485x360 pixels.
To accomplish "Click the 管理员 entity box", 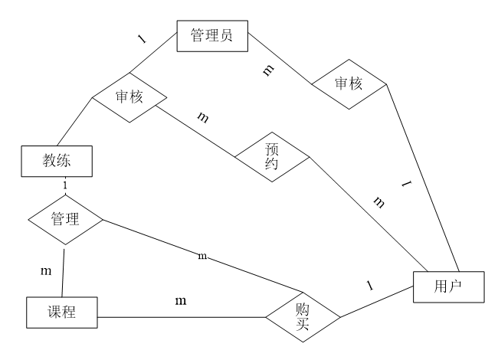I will point(212,36).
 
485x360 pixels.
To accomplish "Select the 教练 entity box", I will point(57,161).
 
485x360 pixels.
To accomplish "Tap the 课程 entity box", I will point(62,313).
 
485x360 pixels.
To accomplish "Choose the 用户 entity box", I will point(448,287).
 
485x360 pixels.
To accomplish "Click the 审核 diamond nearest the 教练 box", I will point(129,97).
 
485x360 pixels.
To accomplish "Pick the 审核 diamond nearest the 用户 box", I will point(349,84).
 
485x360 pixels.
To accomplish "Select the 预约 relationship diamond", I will point(272,157).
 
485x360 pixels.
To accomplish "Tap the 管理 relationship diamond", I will point(65,220).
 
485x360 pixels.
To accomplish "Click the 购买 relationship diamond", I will point(303,317).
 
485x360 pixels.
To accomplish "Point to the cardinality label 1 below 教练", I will point(65,185).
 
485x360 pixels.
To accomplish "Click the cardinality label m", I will point(202,256).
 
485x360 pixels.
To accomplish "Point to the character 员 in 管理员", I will point(226,36).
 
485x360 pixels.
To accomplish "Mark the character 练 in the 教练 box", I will point(64,161).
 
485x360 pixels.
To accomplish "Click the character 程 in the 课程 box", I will point(70,313).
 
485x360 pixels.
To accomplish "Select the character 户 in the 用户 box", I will point(455,287).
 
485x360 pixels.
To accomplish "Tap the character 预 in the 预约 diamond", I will point(272,149).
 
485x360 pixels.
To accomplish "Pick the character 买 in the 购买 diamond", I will point(303,326).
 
